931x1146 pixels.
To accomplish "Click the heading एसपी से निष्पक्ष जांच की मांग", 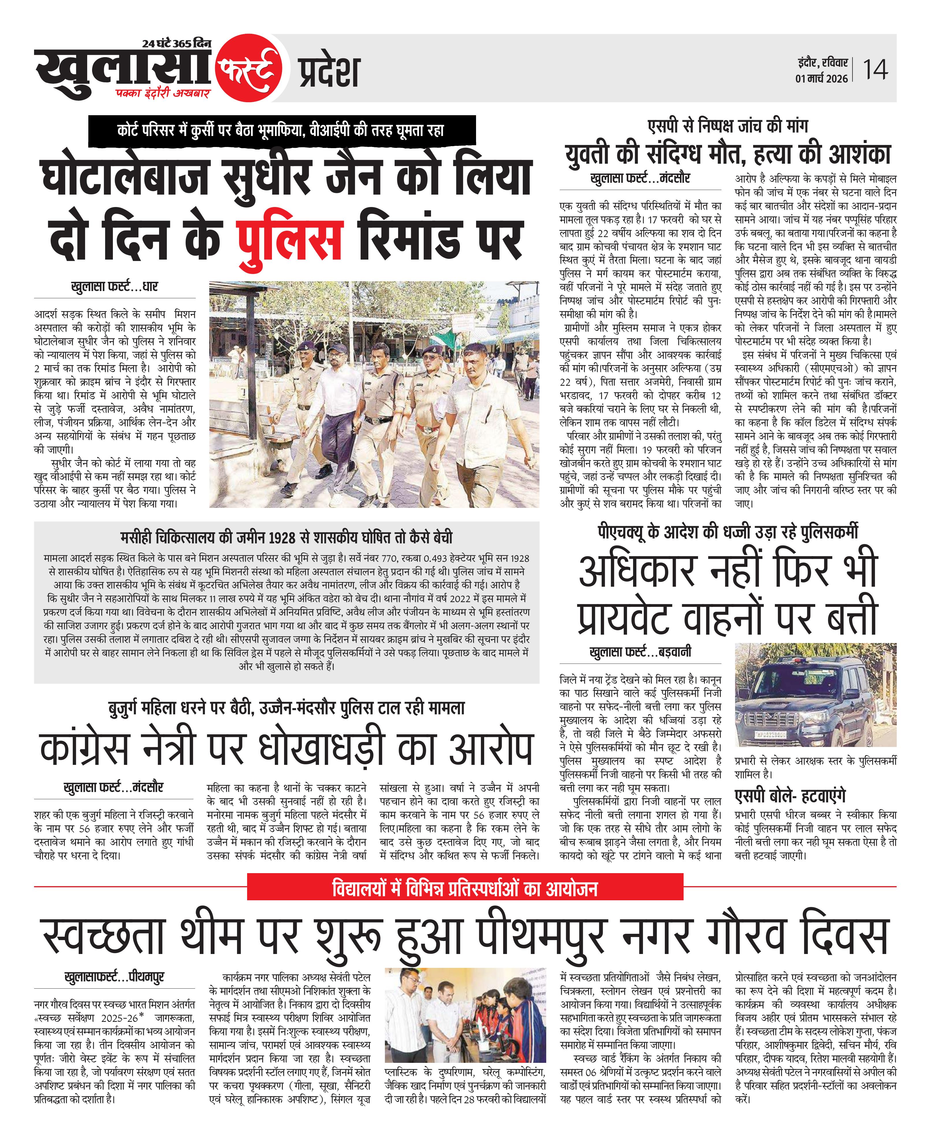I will [728, 126].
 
